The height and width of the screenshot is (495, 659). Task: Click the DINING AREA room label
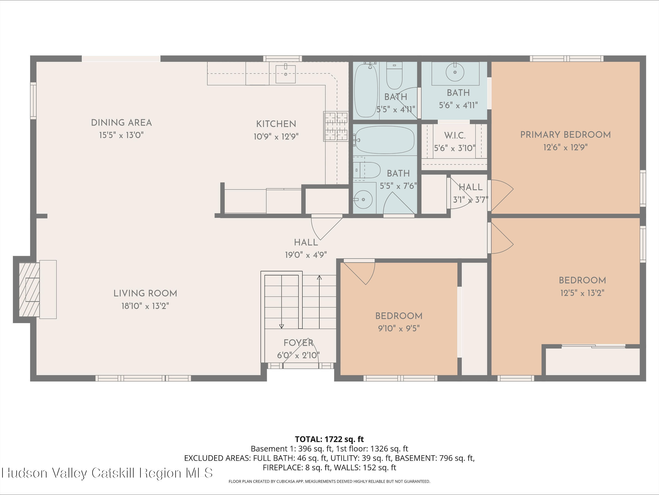(121, 123)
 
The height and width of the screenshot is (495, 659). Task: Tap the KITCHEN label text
(276, 124)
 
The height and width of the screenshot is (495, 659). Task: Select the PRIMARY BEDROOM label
(565, 135)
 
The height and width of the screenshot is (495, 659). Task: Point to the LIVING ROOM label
(145, 293)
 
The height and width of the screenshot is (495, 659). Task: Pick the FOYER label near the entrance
(298, 343)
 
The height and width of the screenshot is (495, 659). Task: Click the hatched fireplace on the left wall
(29, 289)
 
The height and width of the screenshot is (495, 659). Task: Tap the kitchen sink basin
(285, 74)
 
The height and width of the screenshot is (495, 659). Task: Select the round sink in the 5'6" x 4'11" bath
(455, 72)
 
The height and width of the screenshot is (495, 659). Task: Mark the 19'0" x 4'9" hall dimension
(306, 255)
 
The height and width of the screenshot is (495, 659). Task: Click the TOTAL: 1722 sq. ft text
(329, 439)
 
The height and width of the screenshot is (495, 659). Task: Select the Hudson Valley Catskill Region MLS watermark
(108, 473)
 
